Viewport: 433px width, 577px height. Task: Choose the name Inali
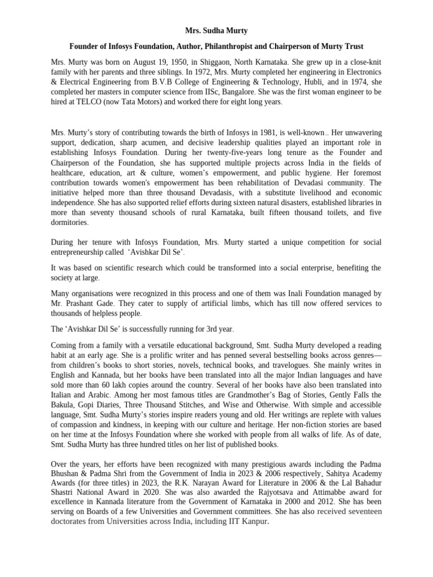click(x=299, y=294)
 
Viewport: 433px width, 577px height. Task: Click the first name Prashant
click(x=81, y=304)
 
